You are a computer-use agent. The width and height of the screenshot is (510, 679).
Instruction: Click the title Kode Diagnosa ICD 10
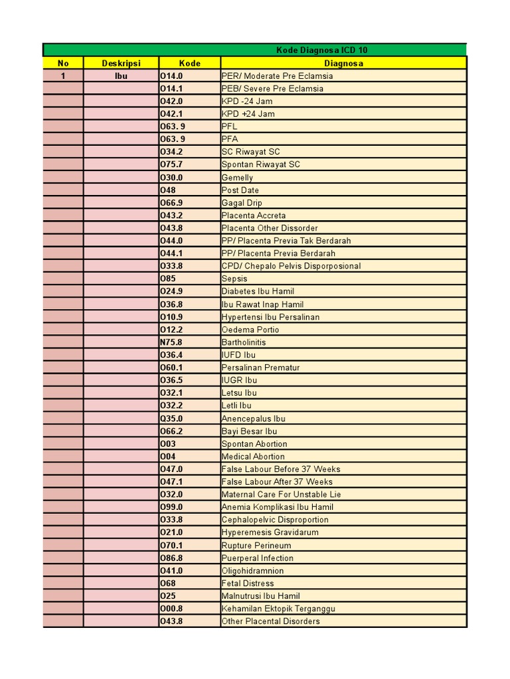pos(321,50)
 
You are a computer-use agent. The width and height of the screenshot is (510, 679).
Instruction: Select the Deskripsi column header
pos(121,63)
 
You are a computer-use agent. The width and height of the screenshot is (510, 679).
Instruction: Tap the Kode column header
pos(189,63)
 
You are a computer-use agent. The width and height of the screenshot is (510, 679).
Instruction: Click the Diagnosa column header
pos(343,63)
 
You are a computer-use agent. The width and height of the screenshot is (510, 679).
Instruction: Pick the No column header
pos(63,63)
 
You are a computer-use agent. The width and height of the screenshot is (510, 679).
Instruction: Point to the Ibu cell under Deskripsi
pos(121,76)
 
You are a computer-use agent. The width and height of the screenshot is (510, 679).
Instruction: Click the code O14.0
pos(171,76)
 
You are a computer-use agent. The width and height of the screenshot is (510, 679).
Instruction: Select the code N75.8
pos(171,342)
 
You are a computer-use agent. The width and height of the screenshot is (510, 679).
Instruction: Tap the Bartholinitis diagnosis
pos(244,342)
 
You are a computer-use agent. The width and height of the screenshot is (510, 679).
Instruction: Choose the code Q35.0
pos(171,418)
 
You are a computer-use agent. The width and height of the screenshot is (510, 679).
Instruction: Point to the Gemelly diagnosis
pos(237,178)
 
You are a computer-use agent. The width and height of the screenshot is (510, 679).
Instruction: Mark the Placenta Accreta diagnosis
pos(254,216)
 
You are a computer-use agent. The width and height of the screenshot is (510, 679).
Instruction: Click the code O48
pos(168,190)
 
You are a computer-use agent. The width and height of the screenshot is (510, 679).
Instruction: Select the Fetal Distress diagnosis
pos(248,584)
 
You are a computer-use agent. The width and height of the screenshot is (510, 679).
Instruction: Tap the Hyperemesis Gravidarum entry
pos(270,532)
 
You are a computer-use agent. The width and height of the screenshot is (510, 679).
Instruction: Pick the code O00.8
pos(171,609)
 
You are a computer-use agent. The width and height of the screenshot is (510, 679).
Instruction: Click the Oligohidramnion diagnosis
pos(252,571)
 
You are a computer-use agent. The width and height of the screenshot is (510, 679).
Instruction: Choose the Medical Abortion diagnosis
pos(253,457)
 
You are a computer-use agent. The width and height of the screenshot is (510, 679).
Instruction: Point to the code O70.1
pos(171,546)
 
